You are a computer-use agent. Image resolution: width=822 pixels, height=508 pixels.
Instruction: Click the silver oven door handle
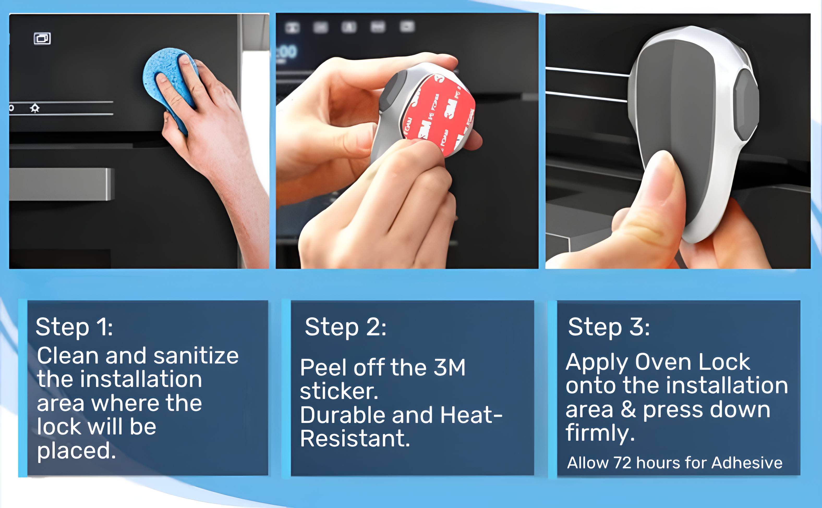coord(61,184)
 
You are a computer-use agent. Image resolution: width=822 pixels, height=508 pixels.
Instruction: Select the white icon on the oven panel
coord(42,39)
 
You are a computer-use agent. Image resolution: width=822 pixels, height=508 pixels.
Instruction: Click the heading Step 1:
coord(74,327)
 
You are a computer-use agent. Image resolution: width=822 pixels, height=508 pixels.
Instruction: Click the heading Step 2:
coord(346,327)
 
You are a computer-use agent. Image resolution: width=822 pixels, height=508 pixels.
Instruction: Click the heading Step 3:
coord(609,327)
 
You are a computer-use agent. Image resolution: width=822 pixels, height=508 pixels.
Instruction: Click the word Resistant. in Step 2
coord(355,438)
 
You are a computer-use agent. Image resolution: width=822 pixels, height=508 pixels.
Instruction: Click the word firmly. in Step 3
coord(600,433)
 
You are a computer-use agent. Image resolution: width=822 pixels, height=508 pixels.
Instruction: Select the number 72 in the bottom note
coord(622,463)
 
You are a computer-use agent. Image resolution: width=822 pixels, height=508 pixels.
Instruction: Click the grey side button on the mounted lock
coord(746,104)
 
